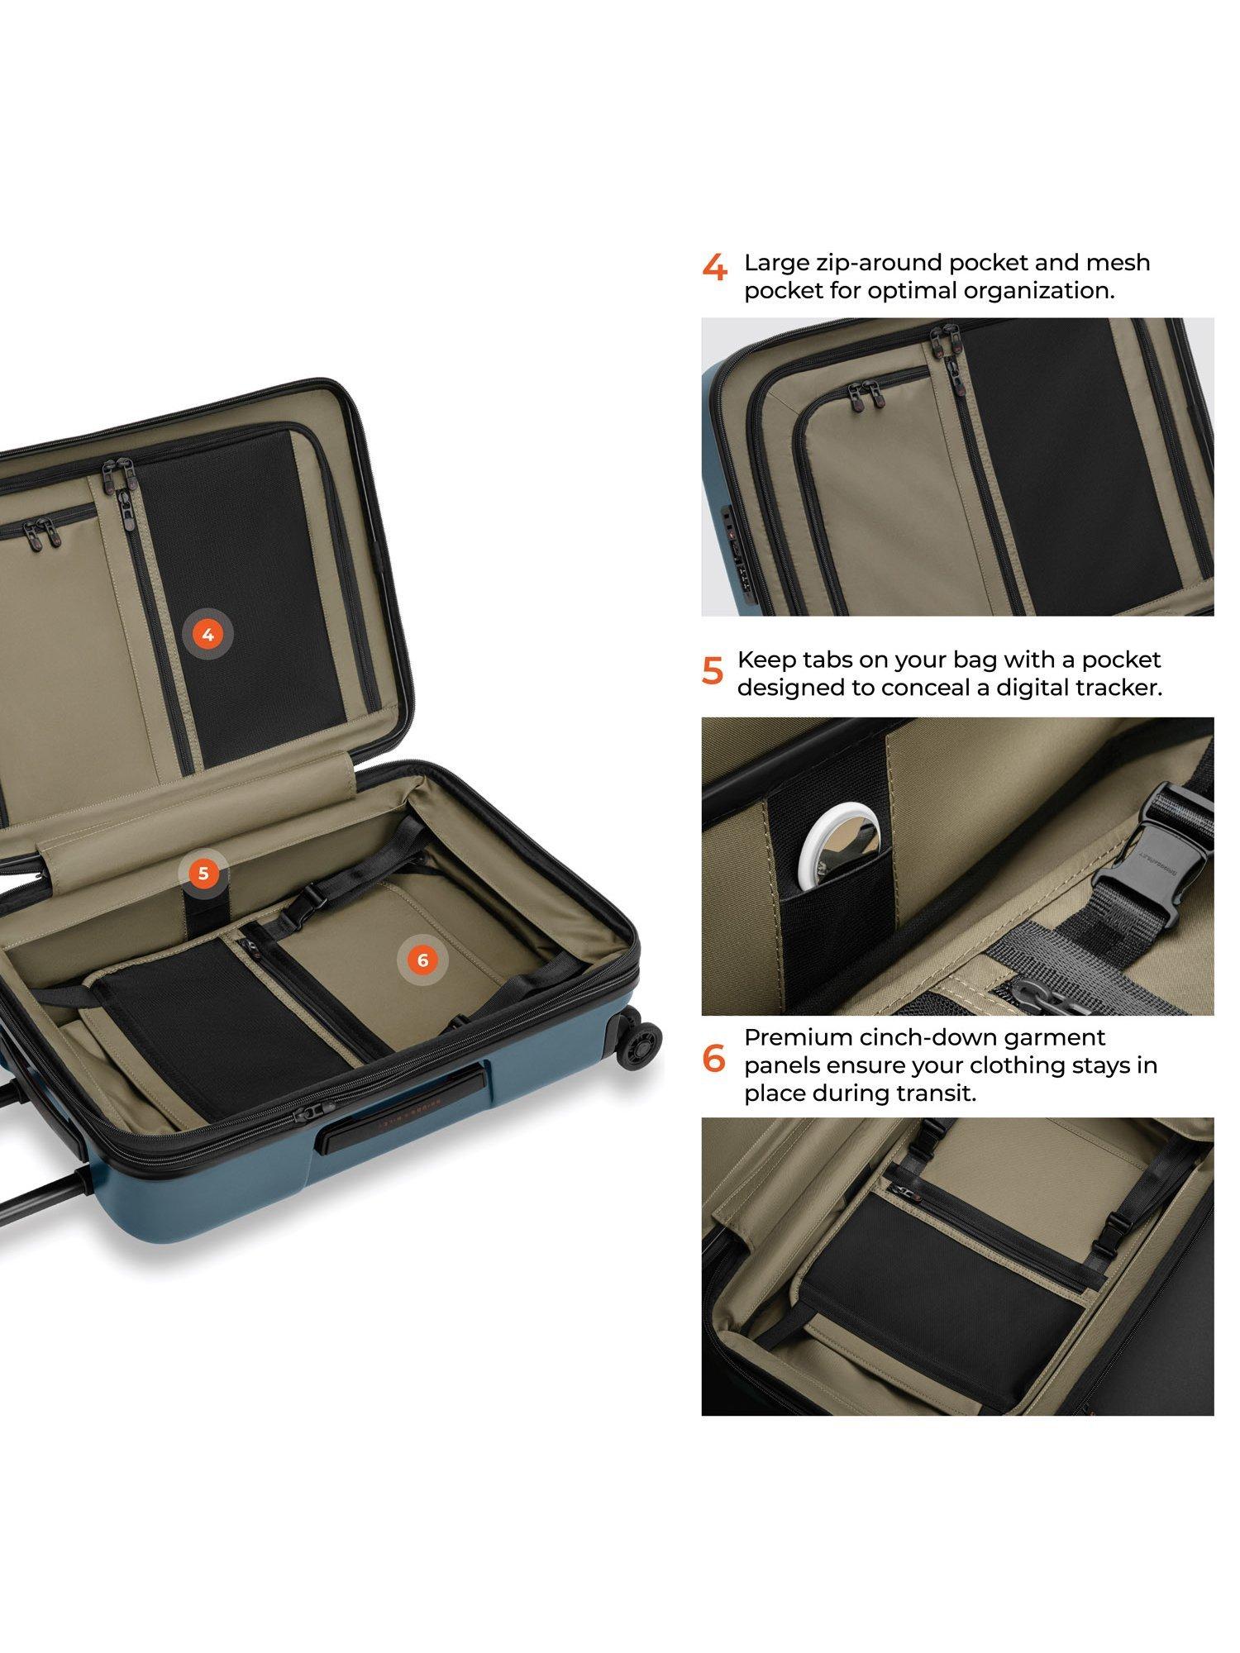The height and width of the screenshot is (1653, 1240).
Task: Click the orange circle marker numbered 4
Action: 207,635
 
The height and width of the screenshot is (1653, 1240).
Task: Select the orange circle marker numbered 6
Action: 423,960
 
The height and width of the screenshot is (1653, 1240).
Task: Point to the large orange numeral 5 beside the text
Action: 713,670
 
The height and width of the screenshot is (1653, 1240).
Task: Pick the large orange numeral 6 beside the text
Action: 713,1059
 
